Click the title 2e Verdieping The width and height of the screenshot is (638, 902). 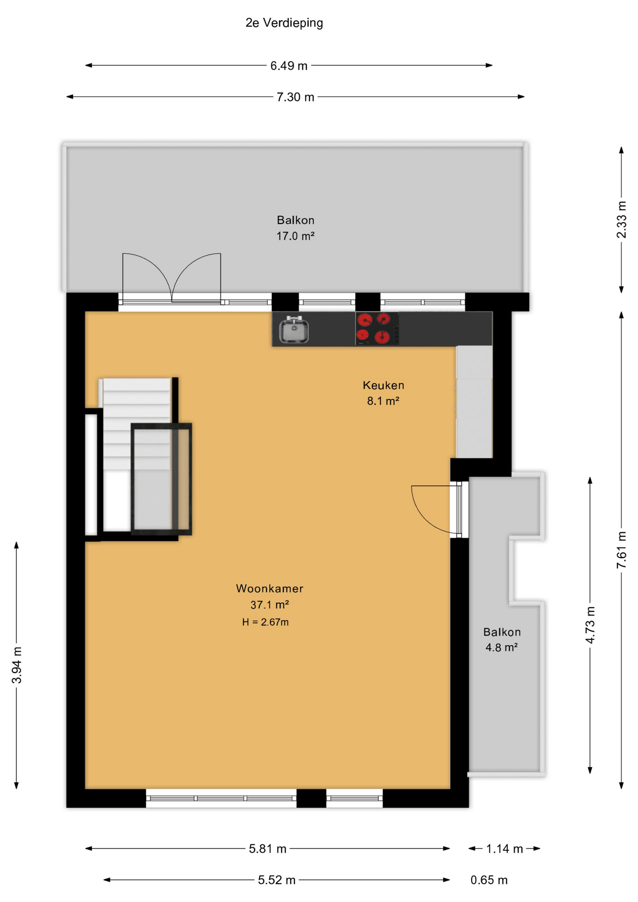[284, 23]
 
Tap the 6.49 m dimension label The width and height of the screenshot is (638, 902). [288, 66]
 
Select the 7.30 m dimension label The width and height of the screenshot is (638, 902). [295, 97]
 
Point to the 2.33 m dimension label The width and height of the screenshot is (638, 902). [622, 219]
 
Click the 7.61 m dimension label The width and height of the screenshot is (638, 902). [622, 550]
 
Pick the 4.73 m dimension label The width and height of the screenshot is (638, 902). [590, 625]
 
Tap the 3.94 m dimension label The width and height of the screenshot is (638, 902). [16, 665]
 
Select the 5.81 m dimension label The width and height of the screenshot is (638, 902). [267, 849]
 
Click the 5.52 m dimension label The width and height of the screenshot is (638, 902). [276, 880]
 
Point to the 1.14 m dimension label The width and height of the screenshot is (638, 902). [504, 849]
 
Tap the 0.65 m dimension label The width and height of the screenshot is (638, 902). [489, 880]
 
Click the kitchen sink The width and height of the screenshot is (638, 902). [294, 330]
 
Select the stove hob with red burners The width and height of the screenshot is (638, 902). [377, 328]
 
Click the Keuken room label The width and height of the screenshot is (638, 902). [383, 385]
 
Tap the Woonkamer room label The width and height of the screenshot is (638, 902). [270, 588]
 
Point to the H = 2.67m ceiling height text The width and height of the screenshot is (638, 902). [265, 622]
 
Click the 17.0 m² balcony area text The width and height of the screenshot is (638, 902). [295, 236]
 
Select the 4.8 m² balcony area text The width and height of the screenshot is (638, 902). [501, 647]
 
